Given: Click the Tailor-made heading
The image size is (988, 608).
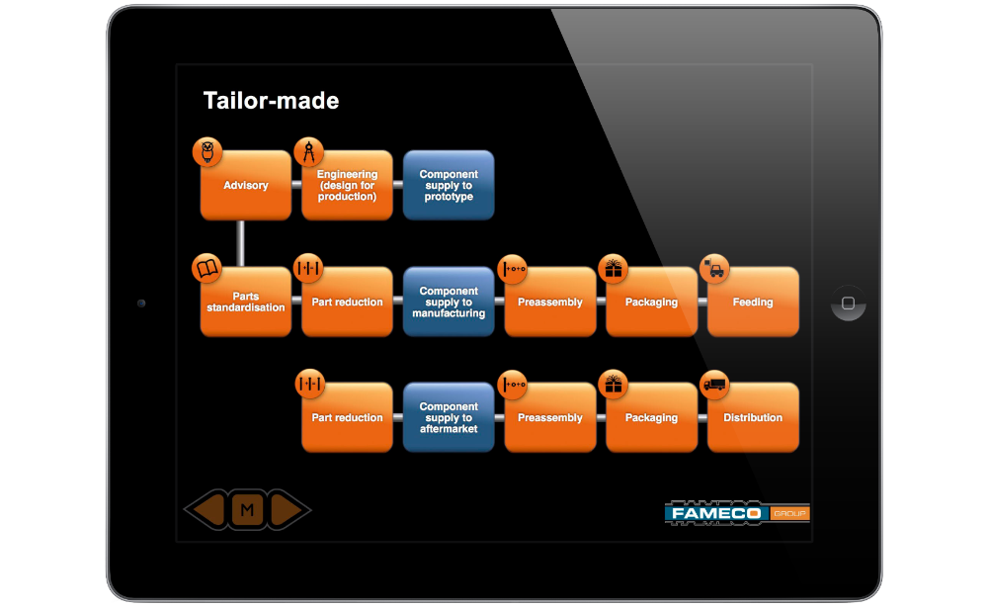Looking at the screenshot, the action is click(x=271, y=101).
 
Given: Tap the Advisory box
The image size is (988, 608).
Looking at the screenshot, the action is click(x=246, y=186).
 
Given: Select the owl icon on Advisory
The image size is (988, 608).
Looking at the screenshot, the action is click(x=207, y=152).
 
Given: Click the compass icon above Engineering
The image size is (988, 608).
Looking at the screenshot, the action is click(x=308, y=152).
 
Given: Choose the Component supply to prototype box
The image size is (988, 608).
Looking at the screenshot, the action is click(x=449, y=186).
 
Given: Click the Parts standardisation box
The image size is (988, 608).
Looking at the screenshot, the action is click(x=246, y=303).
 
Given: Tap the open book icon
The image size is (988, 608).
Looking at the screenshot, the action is click(x=207, y=269).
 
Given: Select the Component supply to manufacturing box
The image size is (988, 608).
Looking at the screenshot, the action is click(x=449, y=303).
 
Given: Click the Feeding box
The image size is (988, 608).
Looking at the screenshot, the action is click(x=753, y=303).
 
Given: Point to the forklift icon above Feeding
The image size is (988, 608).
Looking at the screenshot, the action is click(x=714, y=269).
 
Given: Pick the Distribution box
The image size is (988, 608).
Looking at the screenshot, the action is click(x=753, y=417).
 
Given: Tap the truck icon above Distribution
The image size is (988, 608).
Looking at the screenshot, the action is click(x=714, y=385).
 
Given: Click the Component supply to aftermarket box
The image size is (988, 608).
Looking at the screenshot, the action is click(x=449, y=417).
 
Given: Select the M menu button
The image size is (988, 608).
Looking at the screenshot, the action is click(x=247, y=509).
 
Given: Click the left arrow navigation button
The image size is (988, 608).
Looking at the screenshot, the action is click(x=207, y=509).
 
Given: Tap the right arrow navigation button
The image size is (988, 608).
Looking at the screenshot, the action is click(x=288, y=509).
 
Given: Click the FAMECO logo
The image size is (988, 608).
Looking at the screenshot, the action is click(x=737, y=513).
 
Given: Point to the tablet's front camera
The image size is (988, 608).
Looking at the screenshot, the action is click(x=141, y=304).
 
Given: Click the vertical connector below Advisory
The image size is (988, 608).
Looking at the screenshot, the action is click(x=240, y=243).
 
